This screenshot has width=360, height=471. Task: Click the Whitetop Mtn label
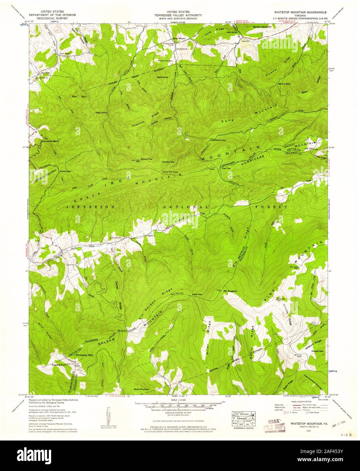coord(84,355)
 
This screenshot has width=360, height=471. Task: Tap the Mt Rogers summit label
coord(230,291)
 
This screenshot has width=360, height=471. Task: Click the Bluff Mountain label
coord(142,389)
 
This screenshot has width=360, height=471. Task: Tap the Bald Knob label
coord(163,77)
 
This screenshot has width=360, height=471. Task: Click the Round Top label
coord(146,159)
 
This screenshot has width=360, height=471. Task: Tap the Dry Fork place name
coord(45,73)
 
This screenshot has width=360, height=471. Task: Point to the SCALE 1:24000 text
coord(181,400)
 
